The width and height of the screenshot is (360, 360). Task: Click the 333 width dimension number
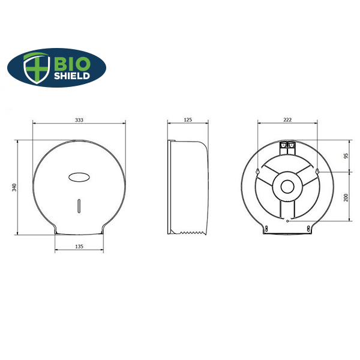tap(79, 120)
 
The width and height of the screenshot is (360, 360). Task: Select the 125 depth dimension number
tap(187, 120)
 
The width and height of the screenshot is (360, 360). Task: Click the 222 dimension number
tap(287, 120)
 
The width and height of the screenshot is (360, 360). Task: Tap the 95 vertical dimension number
tap(346, 155)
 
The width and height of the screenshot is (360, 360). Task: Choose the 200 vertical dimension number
tap(346, 199)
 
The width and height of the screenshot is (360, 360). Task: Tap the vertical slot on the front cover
tap(79, 205)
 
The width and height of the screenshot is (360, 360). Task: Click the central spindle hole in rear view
tap(287, 186)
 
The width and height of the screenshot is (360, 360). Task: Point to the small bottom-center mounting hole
tap(287, 221)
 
